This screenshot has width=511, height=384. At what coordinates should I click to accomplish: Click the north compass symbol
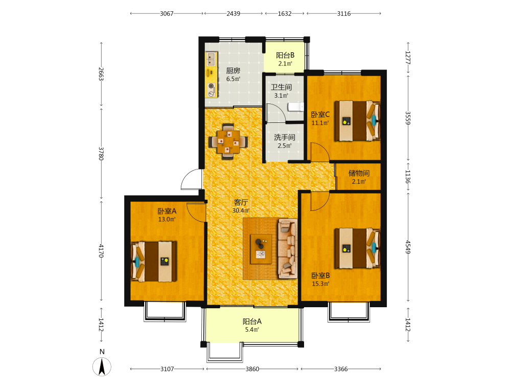102,367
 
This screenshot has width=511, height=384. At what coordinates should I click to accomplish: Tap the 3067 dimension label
167,14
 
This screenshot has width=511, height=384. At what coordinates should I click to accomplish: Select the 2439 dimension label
234,14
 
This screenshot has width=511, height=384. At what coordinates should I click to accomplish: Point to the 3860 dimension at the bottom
252,369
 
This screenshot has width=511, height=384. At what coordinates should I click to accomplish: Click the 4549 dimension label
408,247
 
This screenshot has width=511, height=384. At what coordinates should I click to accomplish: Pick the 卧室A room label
167,211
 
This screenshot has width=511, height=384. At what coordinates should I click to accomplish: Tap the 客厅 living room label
241,202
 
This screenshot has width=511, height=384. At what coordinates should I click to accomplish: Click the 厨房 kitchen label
234,71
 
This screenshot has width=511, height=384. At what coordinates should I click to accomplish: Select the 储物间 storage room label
359,173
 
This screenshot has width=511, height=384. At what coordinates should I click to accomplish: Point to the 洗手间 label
285,137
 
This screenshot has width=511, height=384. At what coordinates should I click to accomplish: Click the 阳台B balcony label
285,55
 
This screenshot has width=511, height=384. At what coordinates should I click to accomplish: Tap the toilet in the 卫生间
295,106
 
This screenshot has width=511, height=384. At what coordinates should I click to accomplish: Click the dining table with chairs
228,141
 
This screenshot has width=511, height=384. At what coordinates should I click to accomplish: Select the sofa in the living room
288,249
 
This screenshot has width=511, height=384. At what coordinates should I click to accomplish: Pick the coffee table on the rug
261,249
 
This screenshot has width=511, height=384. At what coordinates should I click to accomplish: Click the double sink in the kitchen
211,59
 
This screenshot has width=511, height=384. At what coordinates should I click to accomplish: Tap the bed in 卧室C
358,121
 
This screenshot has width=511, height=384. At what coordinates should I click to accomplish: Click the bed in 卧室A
154,262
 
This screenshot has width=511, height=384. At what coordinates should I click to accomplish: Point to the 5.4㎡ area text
252,330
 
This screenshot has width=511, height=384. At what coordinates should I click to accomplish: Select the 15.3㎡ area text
320,284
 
